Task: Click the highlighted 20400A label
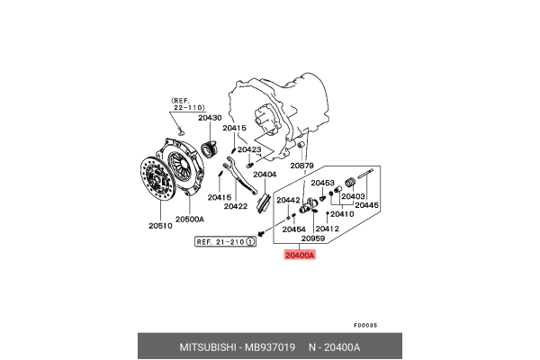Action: [300, 256]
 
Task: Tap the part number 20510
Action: [160, 226]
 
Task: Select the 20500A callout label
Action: [190, 219]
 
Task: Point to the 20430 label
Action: [210, 118]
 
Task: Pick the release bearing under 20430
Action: [209, 148]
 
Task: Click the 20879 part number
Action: [301, 166]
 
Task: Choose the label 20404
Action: [265, 175]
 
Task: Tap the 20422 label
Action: [236, 206]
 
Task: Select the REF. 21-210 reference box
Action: [225, 242]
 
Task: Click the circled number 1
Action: [251, 242]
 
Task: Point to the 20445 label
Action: [367, 205]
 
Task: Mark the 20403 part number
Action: [353, 196]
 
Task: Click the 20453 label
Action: [323, 183]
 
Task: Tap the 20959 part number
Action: [313, 238]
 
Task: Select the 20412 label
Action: [328, 229]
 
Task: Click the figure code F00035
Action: [365, 325]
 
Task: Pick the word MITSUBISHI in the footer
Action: [208, 346]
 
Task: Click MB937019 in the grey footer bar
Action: [270, 346]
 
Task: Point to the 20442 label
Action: [288, 200]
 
